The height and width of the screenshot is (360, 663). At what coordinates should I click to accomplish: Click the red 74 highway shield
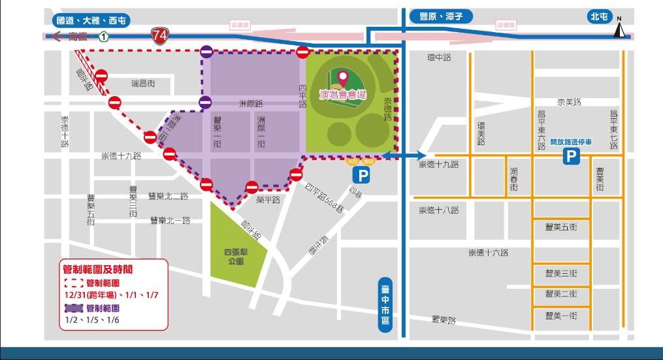(x=159, y=37)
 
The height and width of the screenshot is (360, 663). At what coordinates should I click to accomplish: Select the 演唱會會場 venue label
(x=343, y=95)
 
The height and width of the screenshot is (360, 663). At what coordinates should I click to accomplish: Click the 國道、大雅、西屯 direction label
(x=89, y=20)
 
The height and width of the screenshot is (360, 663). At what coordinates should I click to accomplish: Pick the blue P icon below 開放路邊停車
(x=572, y=157)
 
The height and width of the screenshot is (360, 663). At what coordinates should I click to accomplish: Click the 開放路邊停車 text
(x=571, y=141)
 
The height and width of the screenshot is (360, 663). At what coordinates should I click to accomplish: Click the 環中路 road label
(x=438, y=57)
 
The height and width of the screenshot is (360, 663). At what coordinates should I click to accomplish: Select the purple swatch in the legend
(x=73, y=308)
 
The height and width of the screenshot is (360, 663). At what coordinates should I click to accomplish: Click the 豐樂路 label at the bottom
(x=444, y=320)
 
